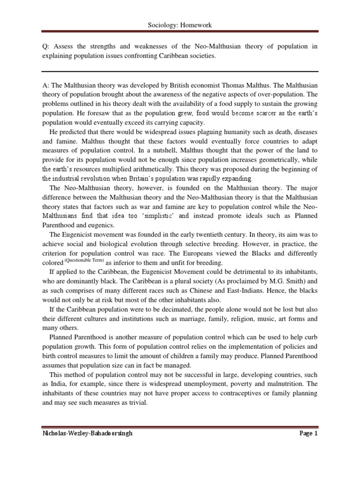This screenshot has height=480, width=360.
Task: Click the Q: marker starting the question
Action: (x=46, y=47)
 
